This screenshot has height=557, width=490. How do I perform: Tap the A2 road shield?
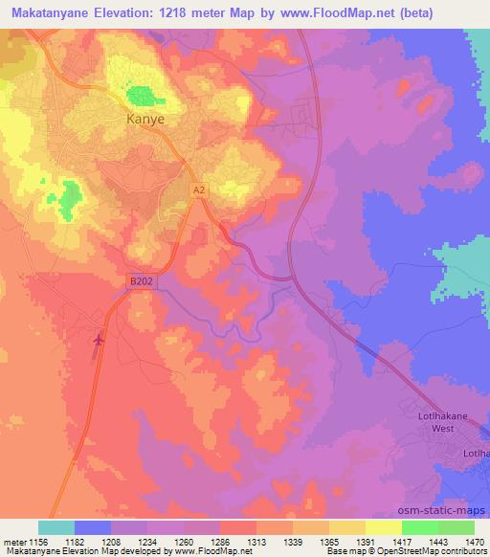coord(198,191)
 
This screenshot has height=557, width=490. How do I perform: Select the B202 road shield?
coord(140,281)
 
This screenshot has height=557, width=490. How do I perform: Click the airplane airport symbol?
coord(100,339)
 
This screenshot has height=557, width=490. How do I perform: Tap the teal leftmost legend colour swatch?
coord(56,526)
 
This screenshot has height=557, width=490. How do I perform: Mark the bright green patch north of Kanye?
coord(143,95)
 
